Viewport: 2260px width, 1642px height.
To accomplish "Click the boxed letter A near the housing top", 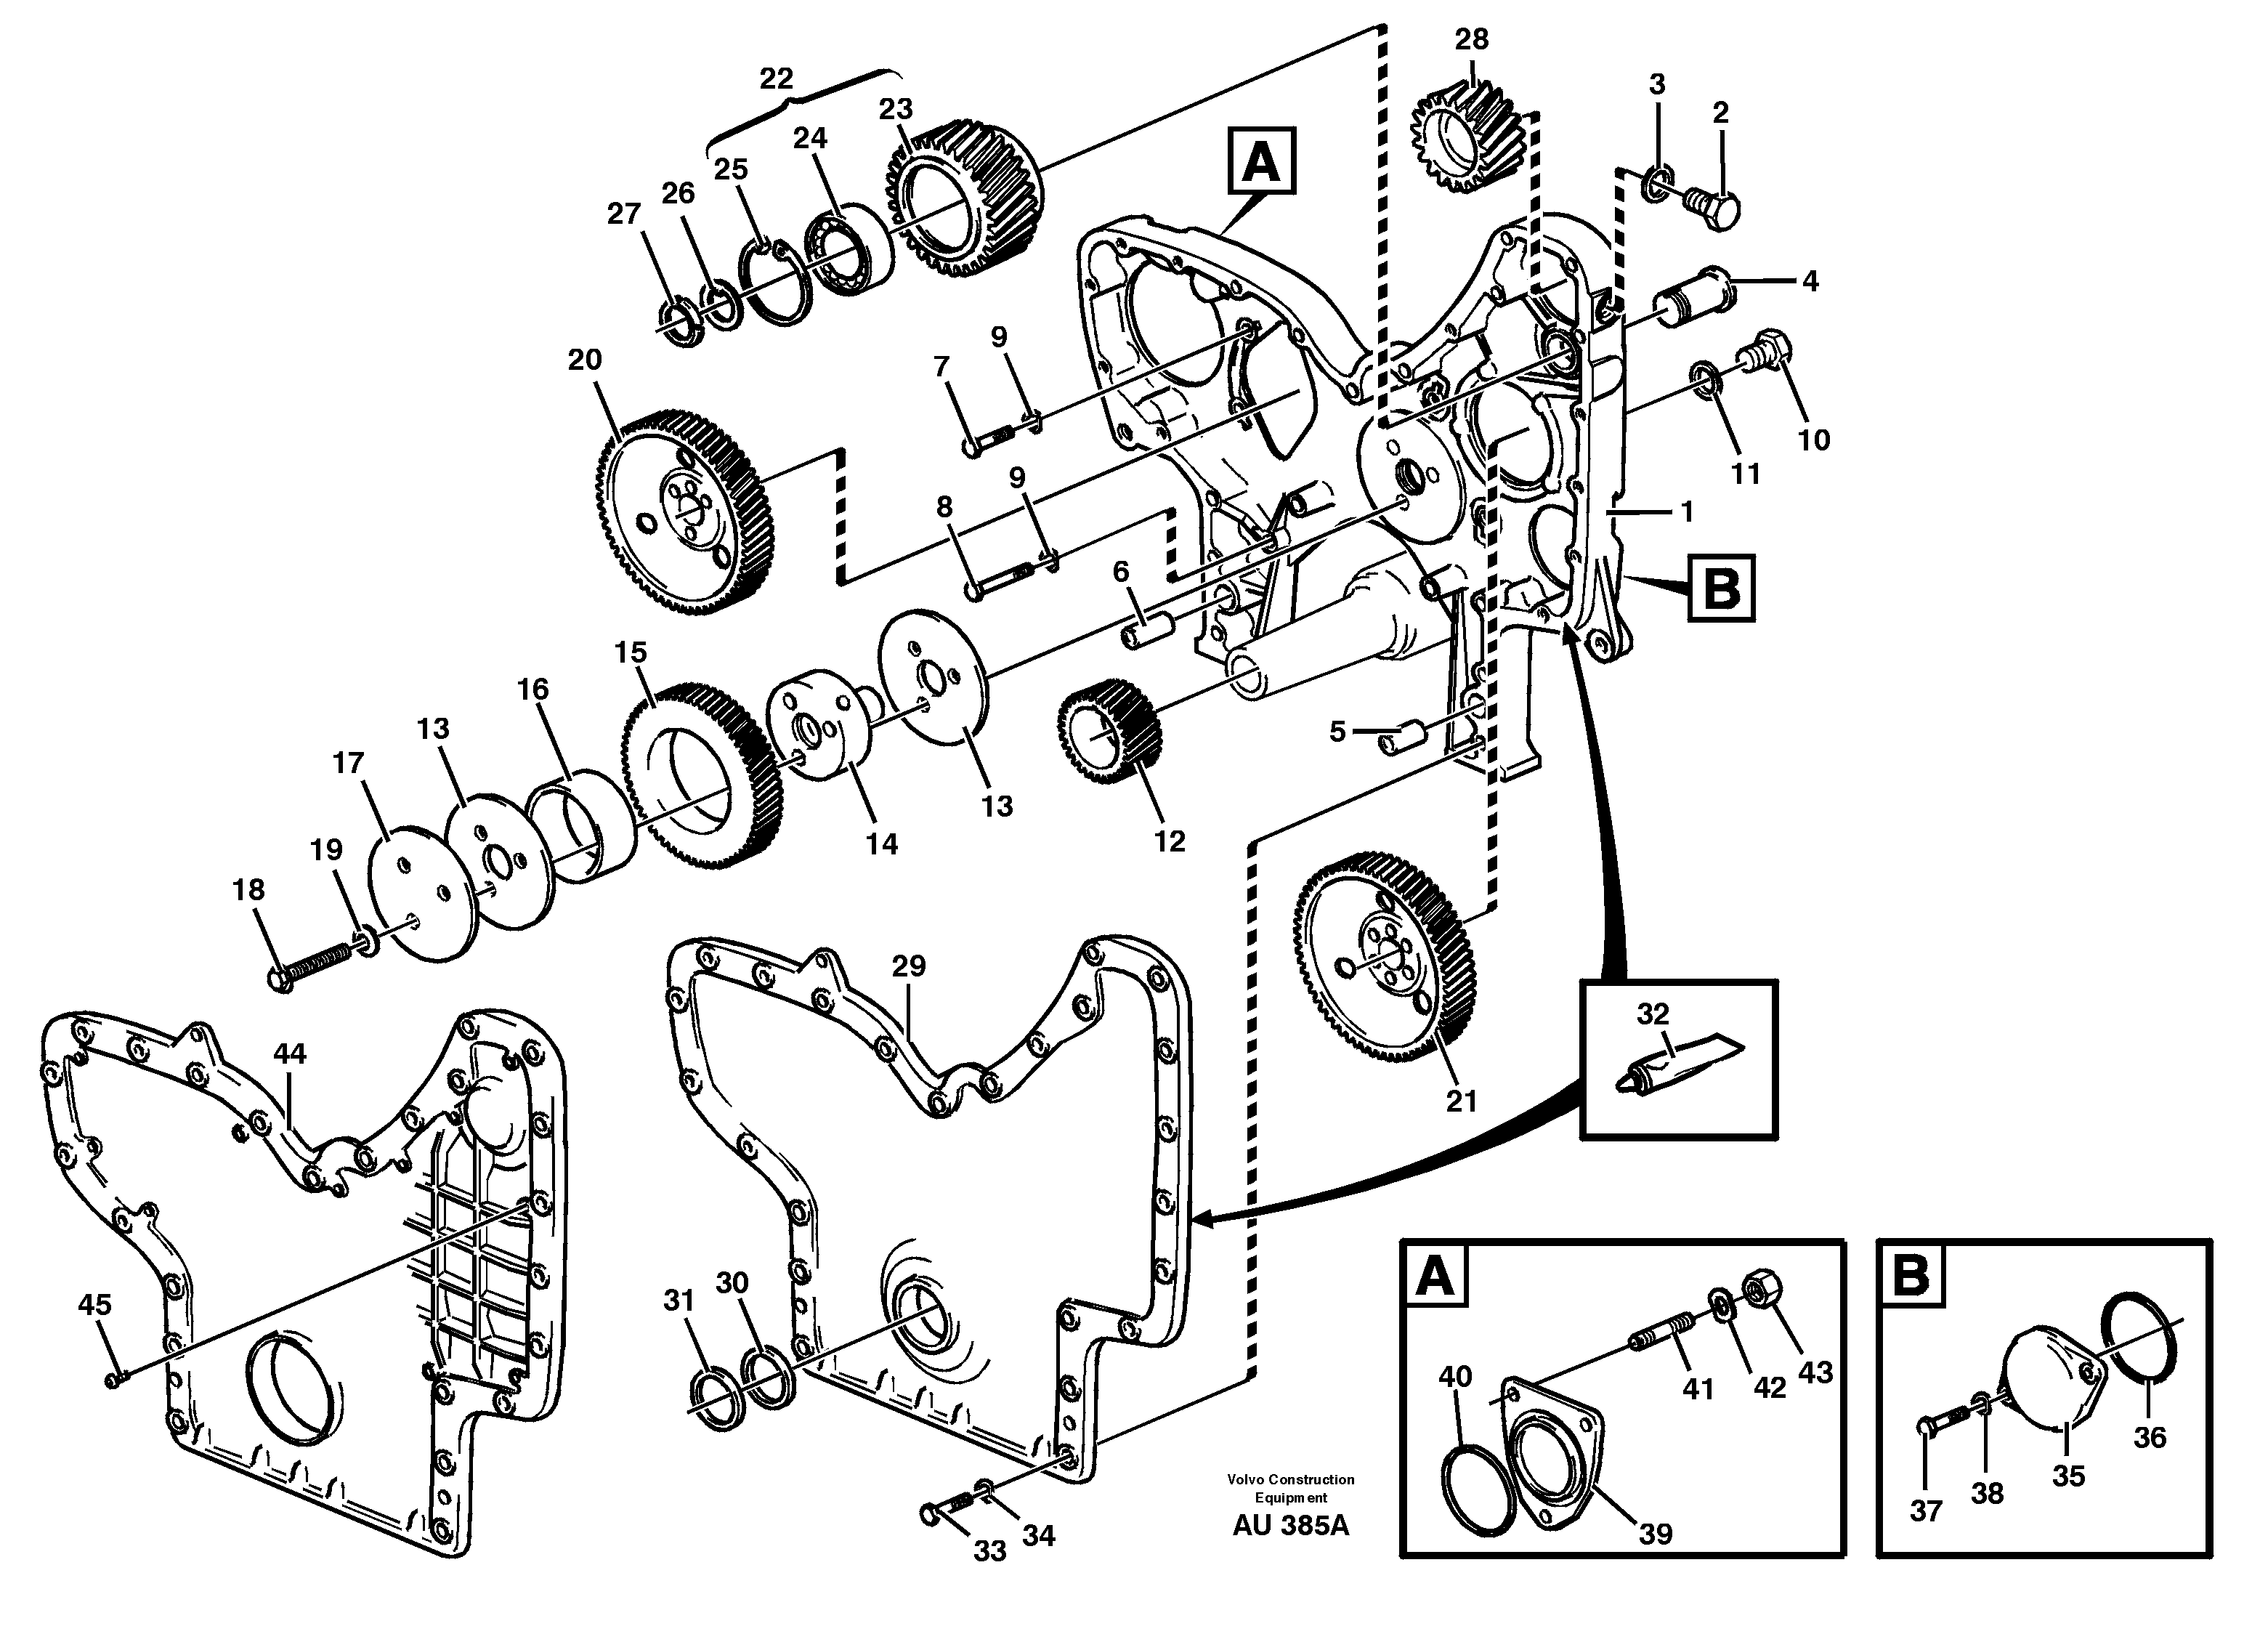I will (1262, 161).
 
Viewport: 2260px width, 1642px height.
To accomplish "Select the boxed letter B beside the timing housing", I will (1721, 589).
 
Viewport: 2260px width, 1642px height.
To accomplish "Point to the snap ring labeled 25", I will (774, 285).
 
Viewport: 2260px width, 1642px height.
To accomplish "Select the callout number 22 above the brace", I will (777, 78).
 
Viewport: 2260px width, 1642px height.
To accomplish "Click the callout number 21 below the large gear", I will (1461, 1101).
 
